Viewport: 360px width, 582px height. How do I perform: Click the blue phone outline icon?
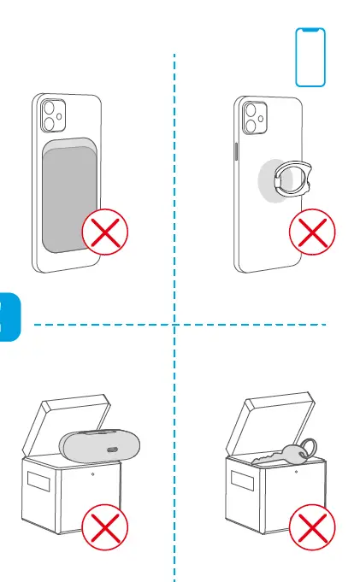pos(310,57)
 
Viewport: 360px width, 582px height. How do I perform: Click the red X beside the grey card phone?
pos(104,232)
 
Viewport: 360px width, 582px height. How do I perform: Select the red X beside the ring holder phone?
pos(312,232)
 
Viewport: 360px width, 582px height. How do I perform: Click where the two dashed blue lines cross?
pos(174,325)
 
